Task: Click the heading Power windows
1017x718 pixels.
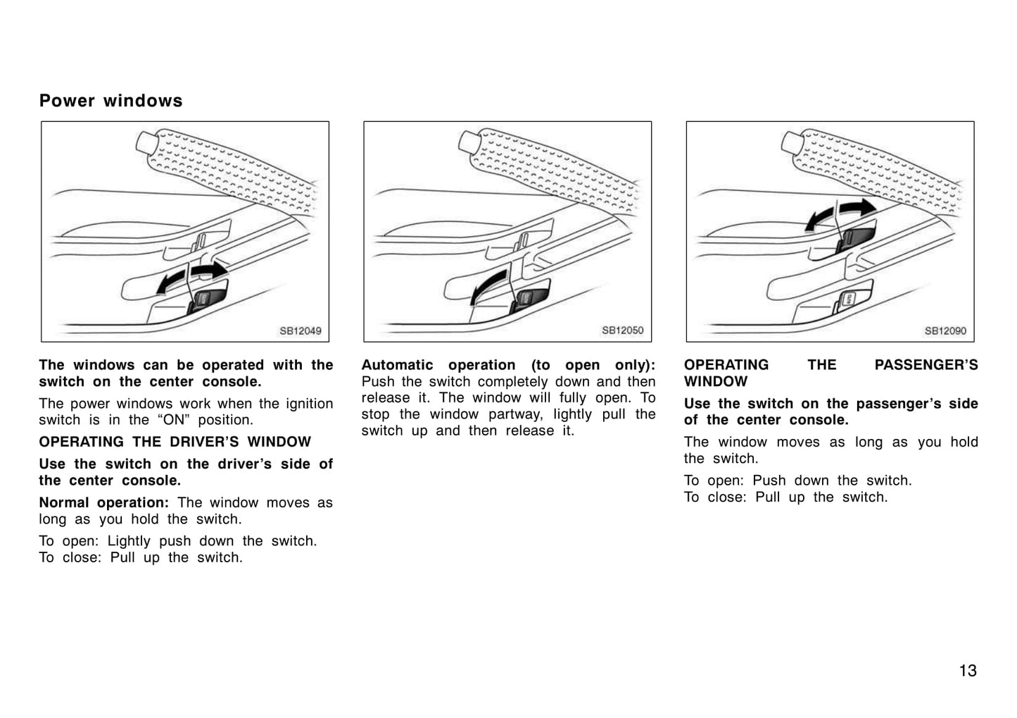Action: [110, 101]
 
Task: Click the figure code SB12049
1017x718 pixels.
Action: [301, 331]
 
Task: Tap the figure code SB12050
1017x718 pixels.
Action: [623, 330]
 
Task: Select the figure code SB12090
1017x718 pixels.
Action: [946, 331]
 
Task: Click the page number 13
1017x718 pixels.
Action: [968, 671]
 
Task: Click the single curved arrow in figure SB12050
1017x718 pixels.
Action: [487, 285]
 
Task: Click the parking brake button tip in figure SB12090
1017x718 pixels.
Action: [791, 143]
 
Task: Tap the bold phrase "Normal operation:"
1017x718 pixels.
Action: [104, 502]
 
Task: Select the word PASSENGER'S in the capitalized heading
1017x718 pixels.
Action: [926, 365]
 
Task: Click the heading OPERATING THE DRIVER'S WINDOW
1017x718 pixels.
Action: [175, 442]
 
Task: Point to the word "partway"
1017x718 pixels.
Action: [516, 414]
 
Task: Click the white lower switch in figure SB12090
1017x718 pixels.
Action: [848, 299]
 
